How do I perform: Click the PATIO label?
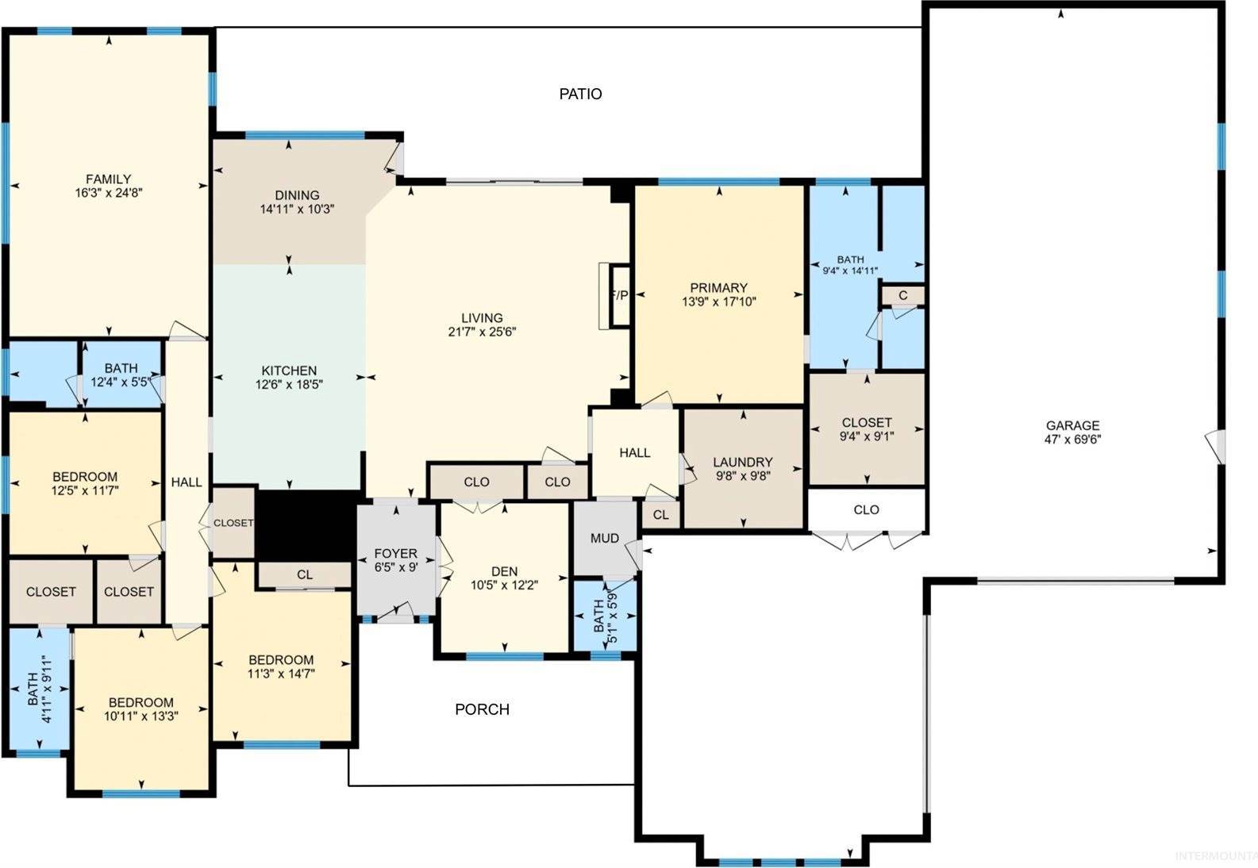point(580,94)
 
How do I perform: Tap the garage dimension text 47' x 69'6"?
point(1072,439)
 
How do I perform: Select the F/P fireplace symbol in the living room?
point(618,295)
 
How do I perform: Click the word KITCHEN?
point(289,371)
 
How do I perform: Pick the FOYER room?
point(395,560)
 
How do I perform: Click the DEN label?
point(504,571)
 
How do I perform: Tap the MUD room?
point(604,539)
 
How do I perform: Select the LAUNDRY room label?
point(742,462)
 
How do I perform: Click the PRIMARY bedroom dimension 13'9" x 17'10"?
point(718,301)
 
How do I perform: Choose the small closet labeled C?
point(903,295)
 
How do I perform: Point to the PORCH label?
point(482,709)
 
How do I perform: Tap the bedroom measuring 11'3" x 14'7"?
point(280,667)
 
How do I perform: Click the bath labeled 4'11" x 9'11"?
point(39,689)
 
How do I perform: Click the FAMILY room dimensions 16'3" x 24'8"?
point(108,193)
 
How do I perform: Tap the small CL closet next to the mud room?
point(660,515)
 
